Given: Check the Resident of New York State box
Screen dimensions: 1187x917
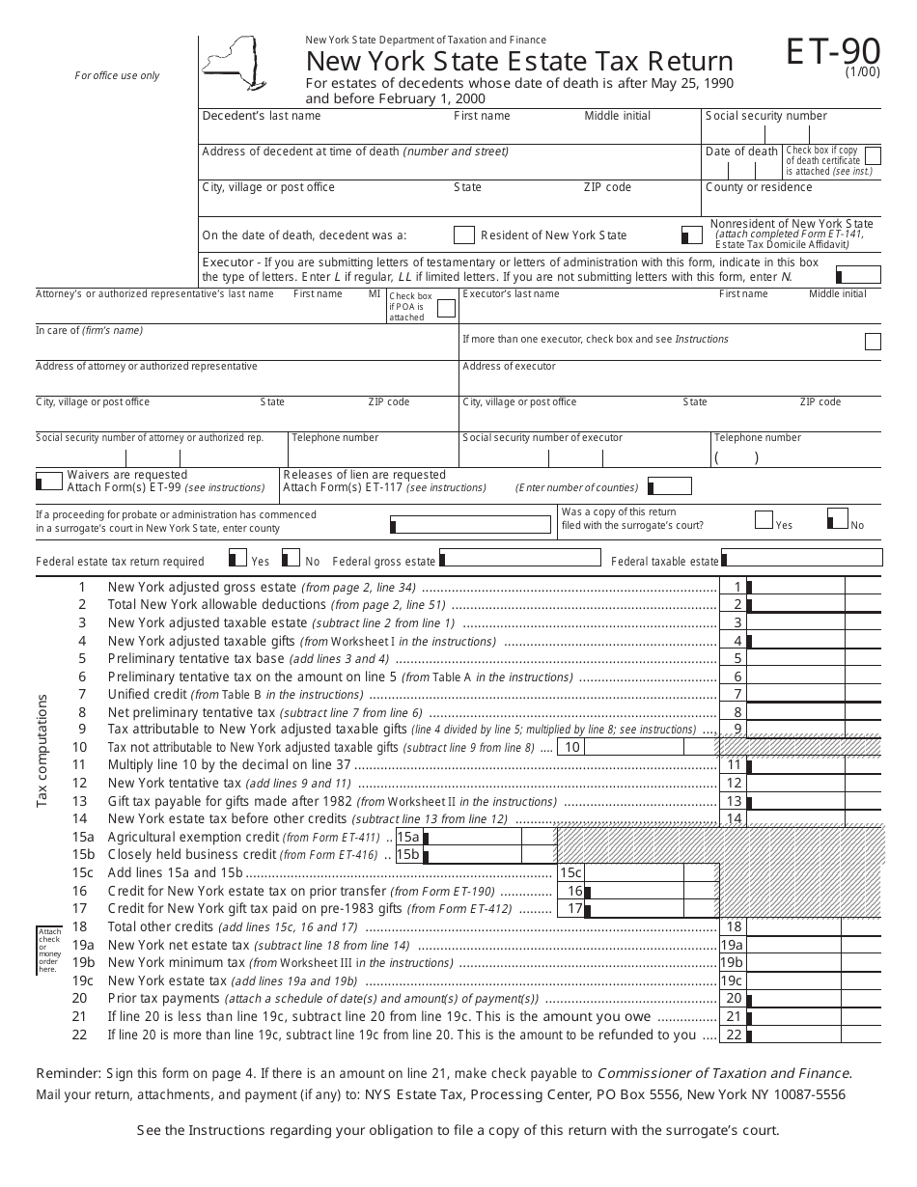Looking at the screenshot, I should pos(463,235).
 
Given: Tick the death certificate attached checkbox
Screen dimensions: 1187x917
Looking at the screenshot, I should pos(873,156).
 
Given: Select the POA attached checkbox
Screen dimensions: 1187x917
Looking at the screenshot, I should pos(446,309).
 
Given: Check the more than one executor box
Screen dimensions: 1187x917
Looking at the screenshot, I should pos(873,341).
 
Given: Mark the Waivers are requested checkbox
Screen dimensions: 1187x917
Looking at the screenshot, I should pos(49,481).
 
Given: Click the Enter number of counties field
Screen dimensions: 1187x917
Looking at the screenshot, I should pos(671,487).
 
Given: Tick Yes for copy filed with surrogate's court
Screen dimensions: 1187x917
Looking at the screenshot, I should pos(764,520).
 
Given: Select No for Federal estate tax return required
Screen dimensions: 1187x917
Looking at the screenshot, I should pos(291,559).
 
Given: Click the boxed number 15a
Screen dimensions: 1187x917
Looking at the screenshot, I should pos(408,837).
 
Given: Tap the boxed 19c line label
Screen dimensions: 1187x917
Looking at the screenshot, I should pos(732,981).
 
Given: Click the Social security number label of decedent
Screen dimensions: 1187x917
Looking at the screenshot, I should pos(766,116).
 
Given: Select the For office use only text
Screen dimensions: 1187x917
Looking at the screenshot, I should pos(118,76).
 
